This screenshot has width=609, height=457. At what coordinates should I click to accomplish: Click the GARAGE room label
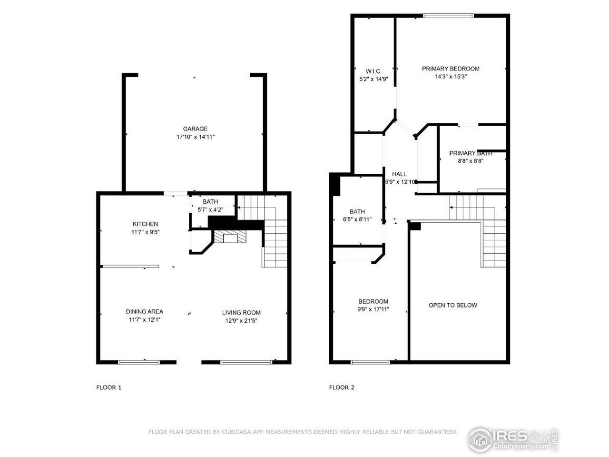pos(195,129)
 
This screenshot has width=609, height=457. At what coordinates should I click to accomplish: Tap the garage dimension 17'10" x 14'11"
pos(195,137)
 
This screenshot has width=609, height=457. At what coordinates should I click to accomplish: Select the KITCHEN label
pos(145,224)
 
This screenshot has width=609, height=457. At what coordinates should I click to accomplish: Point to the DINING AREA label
pos(144,311)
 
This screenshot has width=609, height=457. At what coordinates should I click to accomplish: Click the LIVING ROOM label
pos(241,312)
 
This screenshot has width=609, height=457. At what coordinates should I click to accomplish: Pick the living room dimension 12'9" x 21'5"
pos(241,321)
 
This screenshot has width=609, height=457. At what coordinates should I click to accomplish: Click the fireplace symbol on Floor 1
pos(230,238)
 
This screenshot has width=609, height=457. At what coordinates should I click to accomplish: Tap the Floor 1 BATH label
pos(210,201)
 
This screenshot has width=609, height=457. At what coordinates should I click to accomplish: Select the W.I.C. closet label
pos(373,71)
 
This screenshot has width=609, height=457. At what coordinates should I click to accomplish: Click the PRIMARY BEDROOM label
pos(451,69)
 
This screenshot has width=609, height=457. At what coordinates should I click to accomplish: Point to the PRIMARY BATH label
pos(470,153)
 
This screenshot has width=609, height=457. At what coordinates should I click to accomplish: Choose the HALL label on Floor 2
pos(399,174)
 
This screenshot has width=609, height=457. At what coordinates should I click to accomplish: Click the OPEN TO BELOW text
pos(452,305)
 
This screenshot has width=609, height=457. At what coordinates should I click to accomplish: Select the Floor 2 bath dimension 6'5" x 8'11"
pos(357,220)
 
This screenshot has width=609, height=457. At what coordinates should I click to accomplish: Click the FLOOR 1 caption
pos(109,387)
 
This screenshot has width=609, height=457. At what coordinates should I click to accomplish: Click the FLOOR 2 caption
pos(342,387)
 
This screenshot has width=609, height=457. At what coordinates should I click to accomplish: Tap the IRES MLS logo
pos(513,439)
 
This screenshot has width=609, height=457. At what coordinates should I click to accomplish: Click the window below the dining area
pos(138,362)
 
